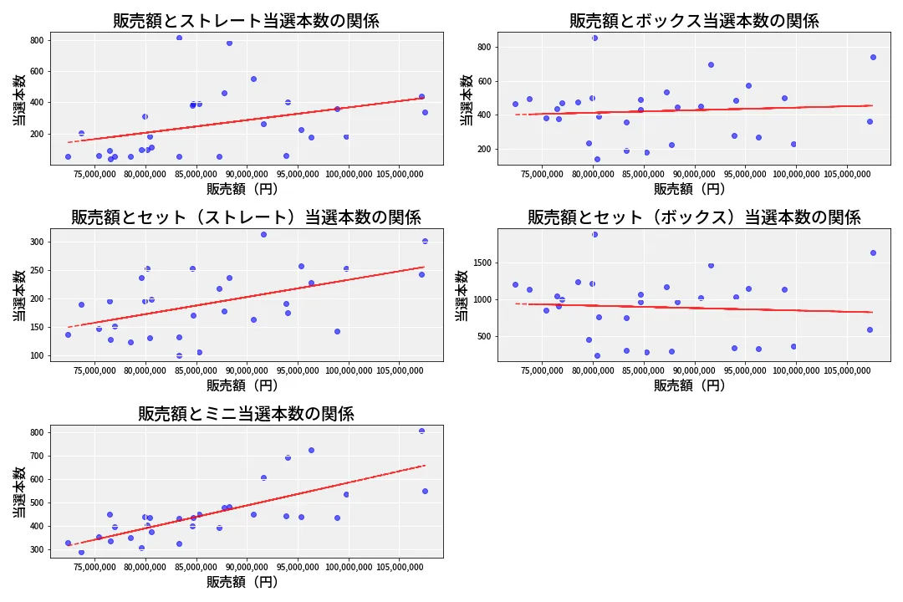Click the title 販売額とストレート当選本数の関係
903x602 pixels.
pyautogui.click(x=246, y=21)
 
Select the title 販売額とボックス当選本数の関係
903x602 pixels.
pyautogui.click(x=694, y=21)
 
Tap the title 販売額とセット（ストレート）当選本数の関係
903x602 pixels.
pyautogui.click(x=246, y=217)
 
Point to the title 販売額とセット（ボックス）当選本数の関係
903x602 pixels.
pyautogui.click(x=694, y=217)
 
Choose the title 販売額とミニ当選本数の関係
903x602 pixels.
pyautogui.click(x=246, y=414)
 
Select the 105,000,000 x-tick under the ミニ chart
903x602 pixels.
pyautogui.click(x=397, y=568)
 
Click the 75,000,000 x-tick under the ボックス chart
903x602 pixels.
pyautogui.click(x=543, y=175)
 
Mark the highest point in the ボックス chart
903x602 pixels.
pyautogui.click(x=594, y=38)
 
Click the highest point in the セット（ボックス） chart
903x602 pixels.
pyautogui.click(x=594, y=234)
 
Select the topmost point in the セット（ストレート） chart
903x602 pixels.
pyautogui.click(x=263, y=234)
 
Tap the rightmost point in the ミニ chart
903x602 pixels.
pyautogui.click(x=425, y=491)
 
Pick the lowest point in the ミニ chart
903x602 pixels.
pyautogui.click(x=81, y=552)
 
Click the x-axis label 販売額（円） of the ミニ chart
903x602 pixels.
pyautogui.click(x=242, y=582)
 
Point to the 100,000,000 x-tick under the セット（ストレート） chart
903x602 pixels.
pyautogui.click(x=347, y=371)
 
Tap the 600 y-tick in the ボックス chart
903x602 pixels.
pyautogui.click(x=483, y=81)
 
